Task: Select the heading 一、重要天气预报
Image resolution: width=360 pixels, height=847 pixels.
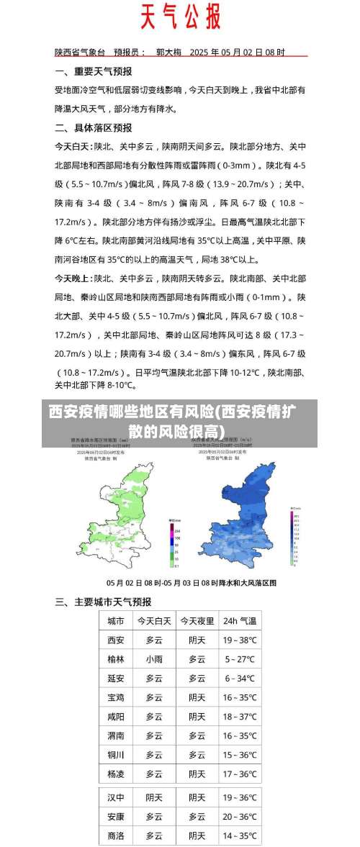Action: click(x=94, y=71)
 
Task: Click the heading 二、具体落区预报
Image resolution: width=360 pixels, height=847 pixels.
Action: click(x=94, y=127)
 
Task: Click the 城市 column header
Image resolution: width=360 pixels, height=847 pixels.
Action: click(x=115, y=620)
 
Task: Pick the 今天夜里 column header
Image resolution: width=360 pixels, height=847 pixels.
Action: click(x=197, y=620)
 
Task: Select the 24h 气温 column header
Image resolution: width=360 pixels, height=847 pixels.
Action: click(x=240, y=620)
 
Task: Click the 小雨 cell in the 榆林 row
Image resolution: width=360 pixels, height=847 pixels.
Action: click(x=154, y=658)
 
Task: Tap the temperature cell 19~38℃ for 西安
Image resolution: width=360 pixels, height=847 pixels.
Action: click(x=240, y=640)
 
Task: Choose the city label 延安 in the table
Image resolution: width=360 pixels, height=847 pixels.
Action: click(x=115, y=678)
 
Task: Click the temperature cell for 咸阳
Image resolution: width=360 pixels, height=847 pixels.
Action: click(x=240, y=717)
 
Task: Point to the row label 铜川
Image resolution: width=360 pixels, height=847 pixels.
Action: click(x=115, y=755)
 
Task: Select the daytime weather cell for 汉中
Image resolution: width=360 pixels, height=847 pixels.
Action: click(x=154, y=797)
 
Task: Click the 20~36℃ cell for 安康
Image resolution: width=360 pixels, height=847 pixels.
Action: click(x=240, y=817)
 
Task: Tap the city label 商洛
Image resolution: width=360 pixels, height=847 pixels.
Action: click(x=115, y=835)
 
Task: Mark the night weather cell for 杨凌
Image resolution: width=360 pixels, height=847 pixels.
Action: click(x=197, y=774)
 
